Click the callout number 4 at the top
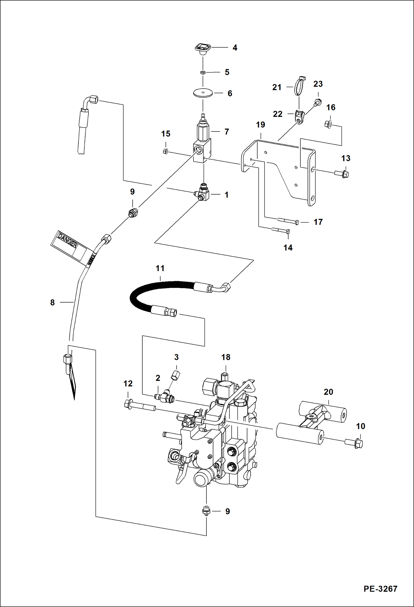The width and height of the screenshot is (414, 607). (x=235, y=48)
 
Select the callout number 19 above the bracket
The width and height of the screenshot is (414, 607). (x=260, y=125)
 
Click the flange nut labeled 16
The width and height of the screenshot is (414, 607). (x=328, y=124)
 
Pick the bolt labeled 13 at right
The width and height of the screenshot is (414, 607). (x=342, y=174)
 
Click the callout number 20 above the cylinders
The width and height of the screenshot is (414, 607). (x=328, y=392)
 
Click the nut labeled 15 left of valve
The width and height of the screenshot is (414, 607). (x=165, y=151)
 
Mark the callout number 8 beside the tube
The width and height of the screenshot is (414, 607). (x=53, y=303)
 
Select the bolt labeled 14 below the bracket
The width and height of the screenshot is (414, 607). (x=281, y=230)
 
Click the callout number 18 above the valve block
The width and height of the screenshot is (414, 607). (x=226, y=357)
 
